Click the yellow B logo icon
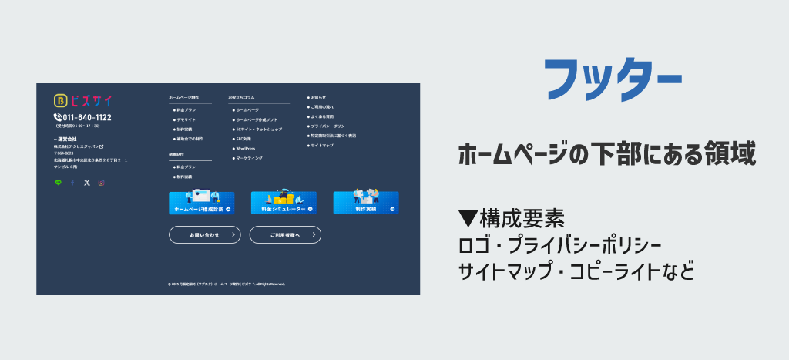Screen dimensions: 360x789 60,100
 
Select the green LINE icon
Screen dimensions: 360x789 59,183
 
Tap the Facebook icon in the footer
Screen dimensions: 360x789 72,183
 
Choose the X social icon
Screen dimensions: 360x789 86,183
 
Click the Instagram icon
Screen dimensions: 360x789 101,183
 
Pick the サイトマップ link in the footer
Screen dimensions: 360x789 322,145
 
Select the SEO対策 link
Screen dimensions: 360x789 244,139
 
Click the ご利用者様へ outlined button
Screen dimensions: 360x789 285,234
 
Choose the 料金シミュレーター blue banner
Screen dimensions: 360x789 284,203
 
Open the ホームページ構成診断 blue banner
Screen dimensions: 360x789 202,203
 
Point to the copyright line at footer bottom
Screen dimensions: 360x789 227,284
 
